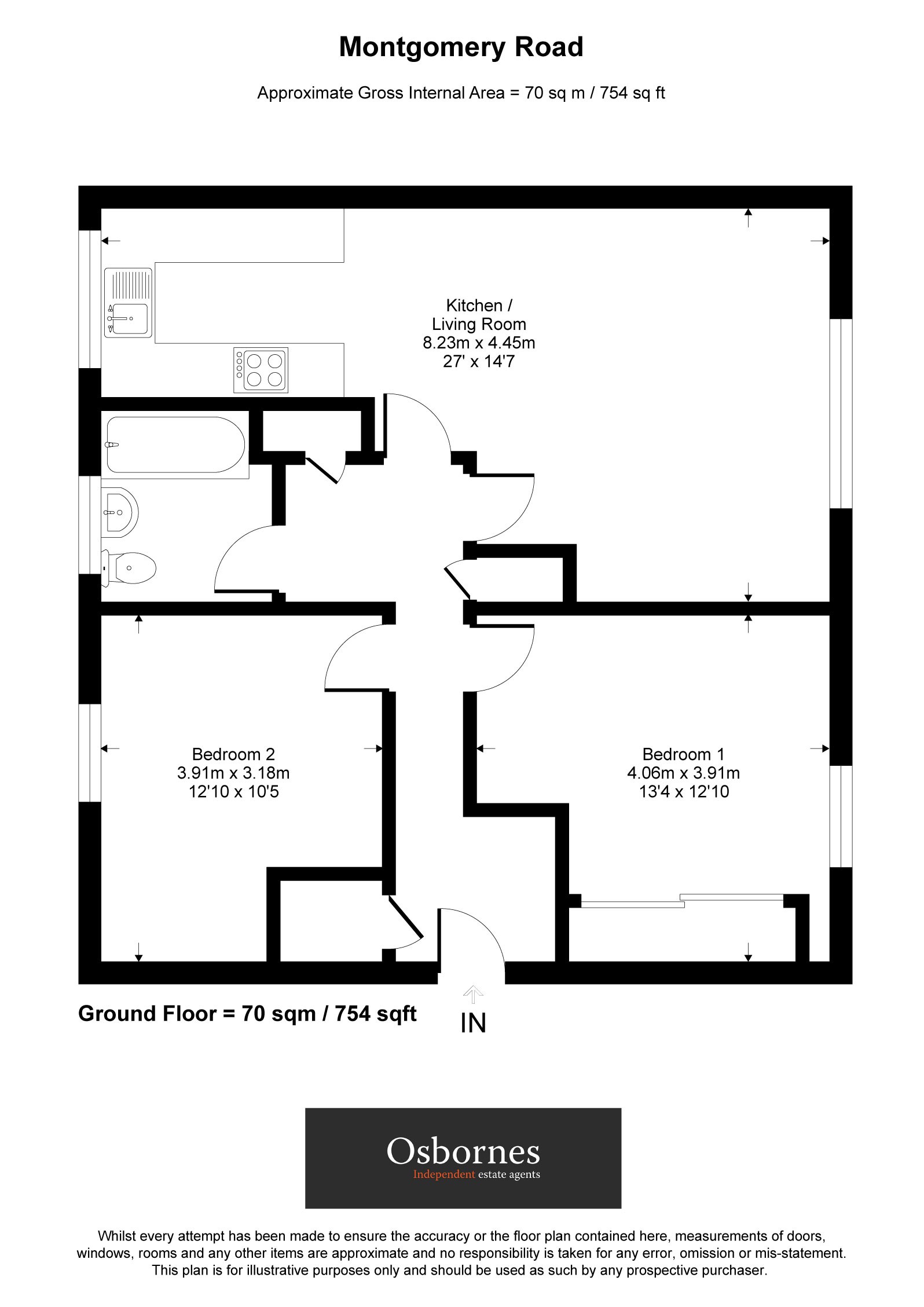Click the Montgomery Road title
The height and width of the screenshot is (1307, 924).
point(461,47)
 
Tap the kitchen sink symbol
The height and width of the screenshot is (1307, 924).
point(128,302)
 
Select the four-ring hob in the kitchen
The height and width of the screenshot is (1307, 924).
point(261,370)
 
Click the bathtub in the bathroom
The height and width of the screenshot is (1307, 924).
point(175,445)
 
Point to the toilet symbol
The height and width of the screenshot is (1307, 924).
point(131,567)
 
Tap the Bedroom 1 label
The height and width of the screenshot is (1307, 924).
point(683,754)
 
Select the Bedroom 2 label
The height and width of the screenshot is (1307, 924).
point(233,754)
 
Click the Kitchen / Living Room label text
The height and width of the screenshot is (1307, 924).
point(479,314)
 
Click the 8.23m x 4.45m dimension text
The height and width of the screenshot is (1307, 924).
point(479,343)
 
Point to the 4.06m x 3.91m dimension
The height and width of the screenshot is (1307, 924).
point(683,773)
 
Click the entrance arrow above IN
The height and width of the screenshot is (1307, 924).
point(473,994)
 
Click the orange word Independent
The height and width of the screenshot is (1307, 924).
point(444,1174)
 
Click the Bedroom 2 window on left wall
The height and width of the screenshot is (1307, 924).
point(90,752)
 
